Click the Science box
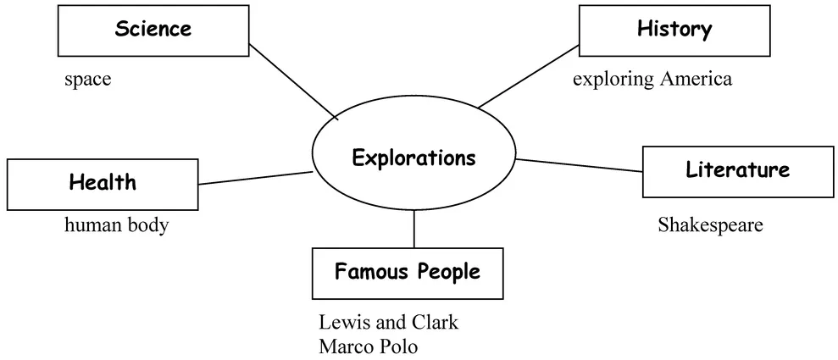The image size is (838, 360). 153,30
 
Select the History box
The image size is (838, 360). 674,30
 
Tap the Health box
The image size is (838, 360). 103,182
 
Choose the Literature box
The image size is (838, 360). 737,170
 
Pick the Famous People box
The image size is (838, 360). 407,273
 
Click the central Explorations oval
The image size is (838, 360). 413,158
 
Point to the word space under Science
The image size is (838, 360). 87,80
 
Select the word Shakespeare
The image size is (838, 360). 710,225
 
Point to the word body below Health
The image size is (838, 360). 147,227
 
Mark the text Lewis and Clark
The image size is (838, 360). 388,324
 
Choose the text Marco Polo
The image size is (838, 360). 369,347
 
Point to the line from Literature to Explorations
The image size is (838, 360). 580,165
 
